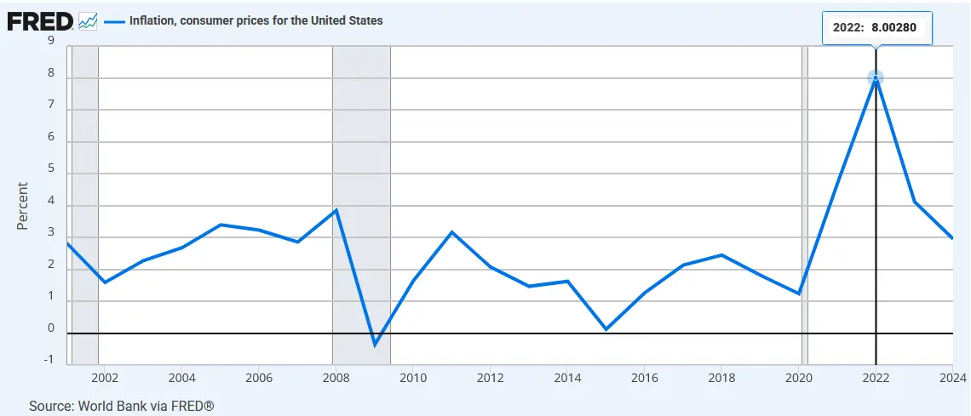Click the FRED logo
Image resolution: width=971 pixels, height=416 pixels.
click(40, 21)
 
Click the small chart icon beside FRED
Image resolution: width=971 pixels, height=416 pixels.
click(88, 21)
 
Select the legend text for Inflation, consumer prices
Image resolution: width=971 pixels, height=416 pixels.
click(256, 20)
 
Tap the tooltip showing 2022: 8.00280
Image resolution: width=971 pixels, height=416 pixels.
click(876, 28)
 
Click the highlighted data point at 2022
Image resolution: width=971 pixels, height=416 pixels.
click(875, 78)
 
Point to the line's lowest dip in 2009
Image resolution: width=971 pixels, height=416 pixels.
click(374, 345)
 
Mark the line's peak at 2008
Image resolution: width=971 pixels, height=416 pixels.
click(336, 209)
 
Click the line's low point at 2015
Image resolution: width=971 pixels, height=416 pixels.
click(606, 329)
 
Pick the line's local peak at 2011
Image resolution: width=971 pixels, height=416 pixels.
click(451, 232)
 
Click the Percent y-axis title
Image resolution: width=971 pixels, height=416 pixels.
click(23, 206)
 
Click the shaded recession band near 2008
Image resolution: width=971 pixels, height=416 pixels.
click(362, 205)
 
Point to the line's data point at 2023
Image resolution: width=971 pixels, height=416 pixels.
click(914, 202)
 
